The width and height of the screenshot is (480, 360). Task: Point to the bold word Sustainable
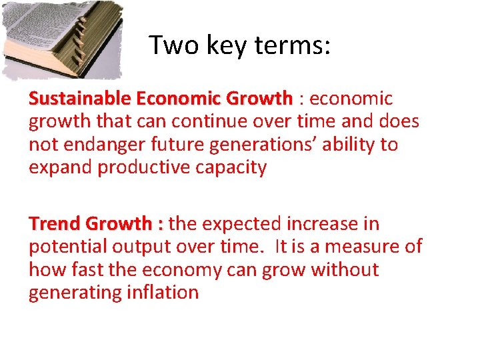[79, 99]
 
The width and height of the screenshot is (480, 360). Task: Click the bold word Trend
[55, 224]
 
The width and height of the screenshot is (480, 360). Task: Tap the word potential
[67, 247]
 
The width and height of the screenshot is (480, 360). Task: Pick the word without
[344, 270]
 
